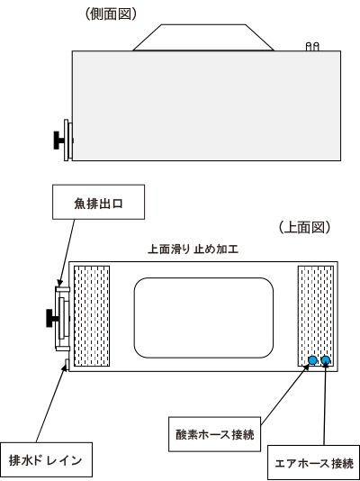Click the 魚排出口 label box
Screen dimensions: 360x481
click(x=98, y=202)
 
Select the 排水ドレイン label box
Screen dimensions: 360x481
click(x=46, y=459)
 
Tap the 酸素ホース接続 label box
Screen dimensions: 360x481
click(x=215, y=434)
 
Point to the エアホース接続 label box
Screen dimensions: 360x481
click(x=314, y=463)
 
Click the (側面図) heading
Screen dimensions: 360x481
click(x=111, y=14)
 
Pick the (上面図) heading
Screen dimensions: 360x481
click(x=304, y=228)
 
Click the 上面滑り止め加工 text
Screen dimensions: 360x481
click(x=193, y=250)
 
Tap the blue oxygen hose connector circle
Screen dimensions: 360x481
click(x=312, y=360)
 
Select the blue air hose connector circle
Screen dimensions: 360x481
click(x=326, y=360)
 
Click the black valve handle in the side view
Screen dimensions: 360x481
click(x=58, y=141)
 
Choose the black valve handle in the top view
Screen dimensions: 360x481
click(x=51, y=318)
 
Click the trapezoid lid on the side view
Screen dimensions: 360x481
click(x=203, y=38)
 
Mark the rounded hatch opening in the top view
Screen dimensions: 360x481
click(x=203, y=318)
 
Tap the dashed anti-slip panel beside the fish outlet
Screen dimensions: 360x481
click(x=92, y=316)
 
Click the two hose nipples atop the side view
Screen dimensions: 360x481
click(x=312, y=47)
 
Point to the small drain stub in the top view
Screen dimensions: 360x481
click(x=67, y=364)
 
